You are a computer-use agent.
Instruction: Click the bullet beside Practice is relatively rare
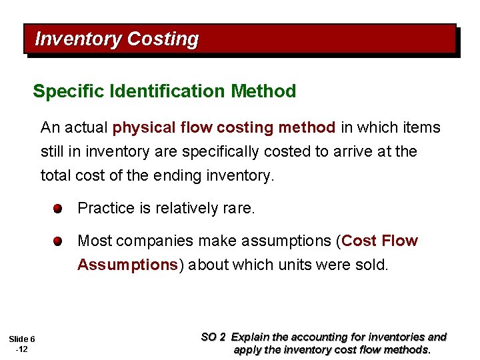click(59, 209)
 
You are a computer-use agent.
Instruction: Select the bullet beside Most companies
click(59, 241)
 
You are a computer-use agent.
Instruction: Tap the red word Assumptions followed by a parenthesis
click(127, 265)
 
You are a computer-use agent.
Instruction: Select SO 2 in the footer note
click(214, 337)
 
